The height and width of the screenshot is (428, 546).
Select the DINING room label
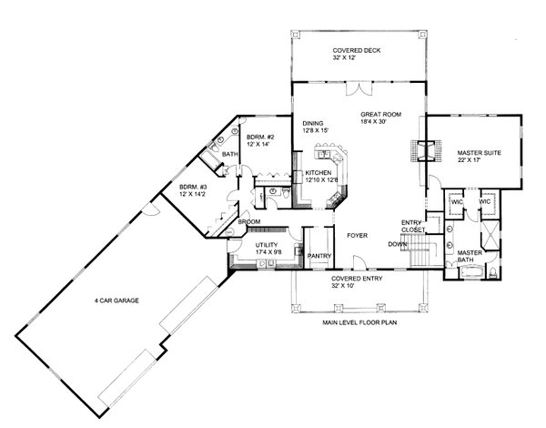(313, 126)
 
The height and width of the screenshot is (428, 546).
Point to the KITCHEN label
(318, 172)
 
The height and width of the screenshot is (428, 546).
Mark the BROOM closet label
(248, 221)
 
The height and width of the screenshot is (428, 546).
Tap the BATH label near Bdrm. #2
(230, 155)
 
